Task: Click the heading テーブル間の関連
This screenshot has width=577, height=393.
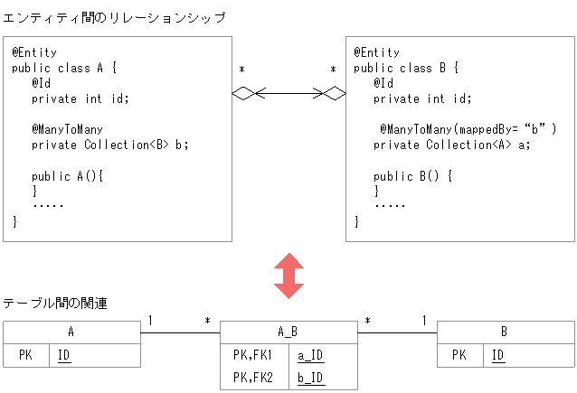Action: [x=56, y=304]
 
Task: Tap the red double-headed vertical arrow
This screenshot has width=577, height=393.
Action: [x=289, y=276]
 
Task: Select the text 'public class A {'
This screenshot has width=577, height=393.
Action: [x=64, y=68]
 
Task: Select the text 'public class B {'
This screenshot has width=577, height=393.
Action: [x=407, y=68]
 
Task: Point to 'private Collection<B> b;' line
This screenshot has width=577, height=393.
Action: [x=109, y=145]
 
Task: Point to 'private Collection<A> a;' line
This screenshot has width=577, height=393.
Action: [x=451, y=145]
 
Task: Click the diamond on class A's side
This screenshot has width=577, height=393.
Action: [x=245, y=92]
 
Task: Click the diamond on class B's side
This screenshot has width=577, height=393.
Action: [x=335, y=92]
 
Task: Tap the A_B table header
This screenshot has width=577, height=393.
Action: [x=288, y=332]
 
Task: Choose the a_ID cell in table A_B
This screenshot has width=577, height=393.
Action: [x=311, y=355]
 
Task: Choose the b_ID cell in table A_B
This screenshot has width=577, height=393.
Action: [x=311, y=378]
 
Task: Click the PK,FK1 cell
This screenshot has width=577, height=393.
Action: [x=253, y=355]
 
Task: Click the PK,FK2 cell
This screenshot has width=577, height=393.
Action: [x=253, y=378]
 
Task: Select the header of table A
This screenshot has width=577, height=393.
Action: [x=71, y=332]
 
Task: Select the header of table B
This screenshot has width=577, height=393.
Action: [x=505, y=332]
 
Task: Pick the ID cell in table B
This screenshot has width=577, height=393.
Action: [x=498, y=356]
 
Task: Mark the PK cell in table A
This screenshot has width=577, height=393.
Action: [x=25, y=356]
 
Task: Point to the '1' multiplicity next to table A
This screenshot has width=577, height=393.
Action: [x=150, y=321]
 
